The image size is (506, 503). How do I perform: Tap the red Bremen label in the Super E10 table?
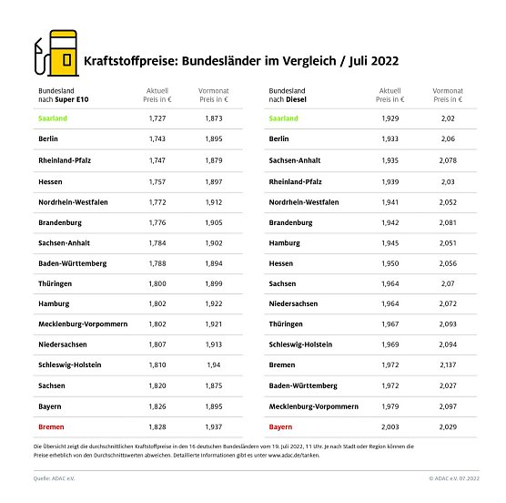coord(51,424)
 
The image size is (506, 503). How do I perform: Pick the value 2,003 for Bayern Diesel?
coord(390,424)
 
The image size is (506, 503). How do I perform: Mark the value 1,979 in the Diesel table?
coord(390,404)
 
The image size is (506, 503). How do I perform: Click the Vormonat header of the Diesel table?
coord(447,96)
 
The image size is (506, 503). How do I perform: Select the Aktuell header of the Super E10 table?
coord(157,96)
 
